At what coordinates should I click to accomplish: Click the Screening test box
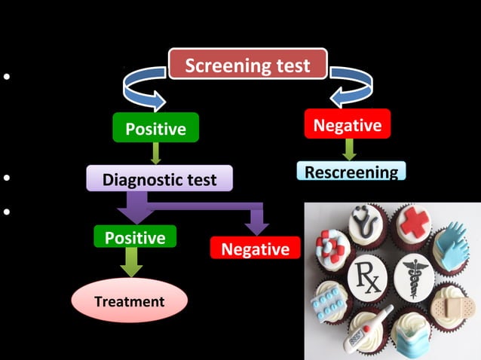click(x=247, y=65)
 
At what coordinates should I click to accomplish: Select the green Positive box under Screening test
click(x=155, y=128)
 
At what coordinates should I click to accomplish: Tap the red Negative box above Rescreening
click(x=348, y=124)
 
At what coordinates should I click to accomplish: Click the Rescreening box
click(x=351, y=172)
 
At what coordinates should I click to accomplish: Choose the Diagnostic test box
click(x=159, y=179)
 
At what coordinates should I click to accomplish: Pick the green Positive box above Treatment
click(x=135, y=237)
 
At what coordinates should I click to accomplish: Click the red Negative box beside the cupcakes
click(x=255, y=249)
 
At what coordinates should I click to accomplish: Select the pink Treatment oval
click(x=128, y=301)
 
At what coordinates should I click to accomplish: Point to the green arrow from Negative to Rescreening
click(x=348, y=150)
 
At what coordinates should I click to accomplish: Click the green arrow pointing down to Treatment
click(x=133, y=263)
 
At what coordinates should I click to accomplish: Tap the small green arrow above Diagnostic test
click(x=155, y=154)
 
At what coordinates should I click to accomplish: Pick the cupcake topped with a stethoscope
click(x=367, y=224)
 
